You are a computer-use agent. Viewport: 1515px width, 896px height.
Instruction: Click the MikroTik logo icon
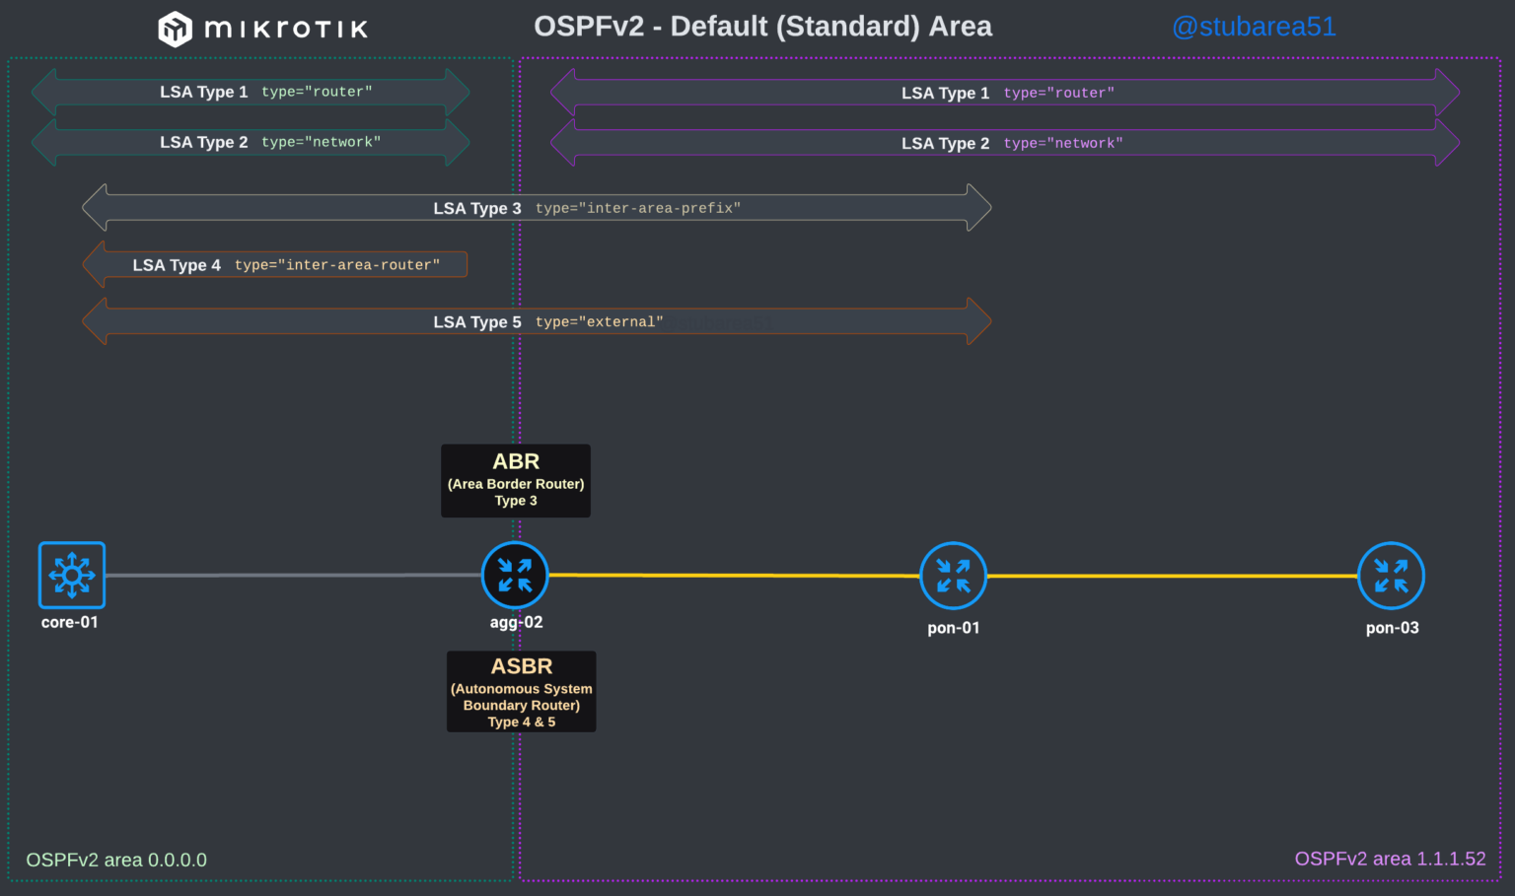tap(175, 29)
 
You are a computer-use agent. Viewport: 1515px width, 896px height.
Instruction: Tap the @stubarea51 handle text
tap(1253, 27)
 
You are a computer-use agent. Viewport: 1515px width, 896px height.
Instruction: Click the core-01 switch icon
tap(71, 575)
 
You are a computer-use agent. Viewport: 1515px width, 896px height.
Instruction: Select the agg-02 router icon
tap(515, 575)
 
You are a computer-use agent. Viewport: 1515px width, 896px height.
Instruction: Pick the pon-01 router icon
tap(953, 576)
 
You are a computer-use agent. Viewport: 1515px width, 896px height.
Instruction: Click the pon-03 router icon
tap(1391, 576)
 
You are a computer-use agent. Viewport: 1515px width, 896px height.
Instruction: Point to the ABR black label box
tap(516, 480)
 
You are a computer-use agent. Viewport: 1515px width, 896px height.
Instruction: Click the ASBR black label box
tap(521, 691)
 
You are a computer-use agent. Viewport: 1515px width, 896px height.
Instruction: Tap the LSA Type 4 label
tap(177, 265)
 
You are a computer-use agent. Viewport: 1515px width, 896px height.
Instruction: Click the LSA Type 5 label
tap(477, 322)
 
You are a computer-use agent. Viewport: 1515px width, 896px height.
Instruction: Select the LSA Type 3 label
tap(477, 208)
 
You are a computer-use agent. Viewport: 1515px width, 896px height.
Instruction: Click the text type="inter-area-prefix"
tap(638, 208)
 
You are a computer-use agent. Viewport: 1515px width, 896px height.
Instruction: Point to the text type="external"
tap(600, 322)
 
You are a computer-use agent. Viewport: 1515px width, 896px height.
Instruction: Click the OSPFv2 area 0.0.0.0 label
tap(116, 860)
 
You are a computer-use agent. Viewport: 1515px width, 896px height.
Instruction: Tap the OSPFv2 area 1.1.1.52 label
tap(1390, 859)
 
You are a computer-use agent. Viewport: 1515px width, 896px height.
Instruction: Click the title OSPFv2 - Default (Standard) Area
tap(762, 27)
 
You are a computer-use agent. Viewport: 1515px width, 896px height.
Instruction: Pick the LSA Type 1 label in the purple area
tap(945, 93)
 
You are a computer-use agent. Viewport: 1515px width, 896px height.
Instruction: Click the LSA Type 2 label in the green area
tap(204, 142)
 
